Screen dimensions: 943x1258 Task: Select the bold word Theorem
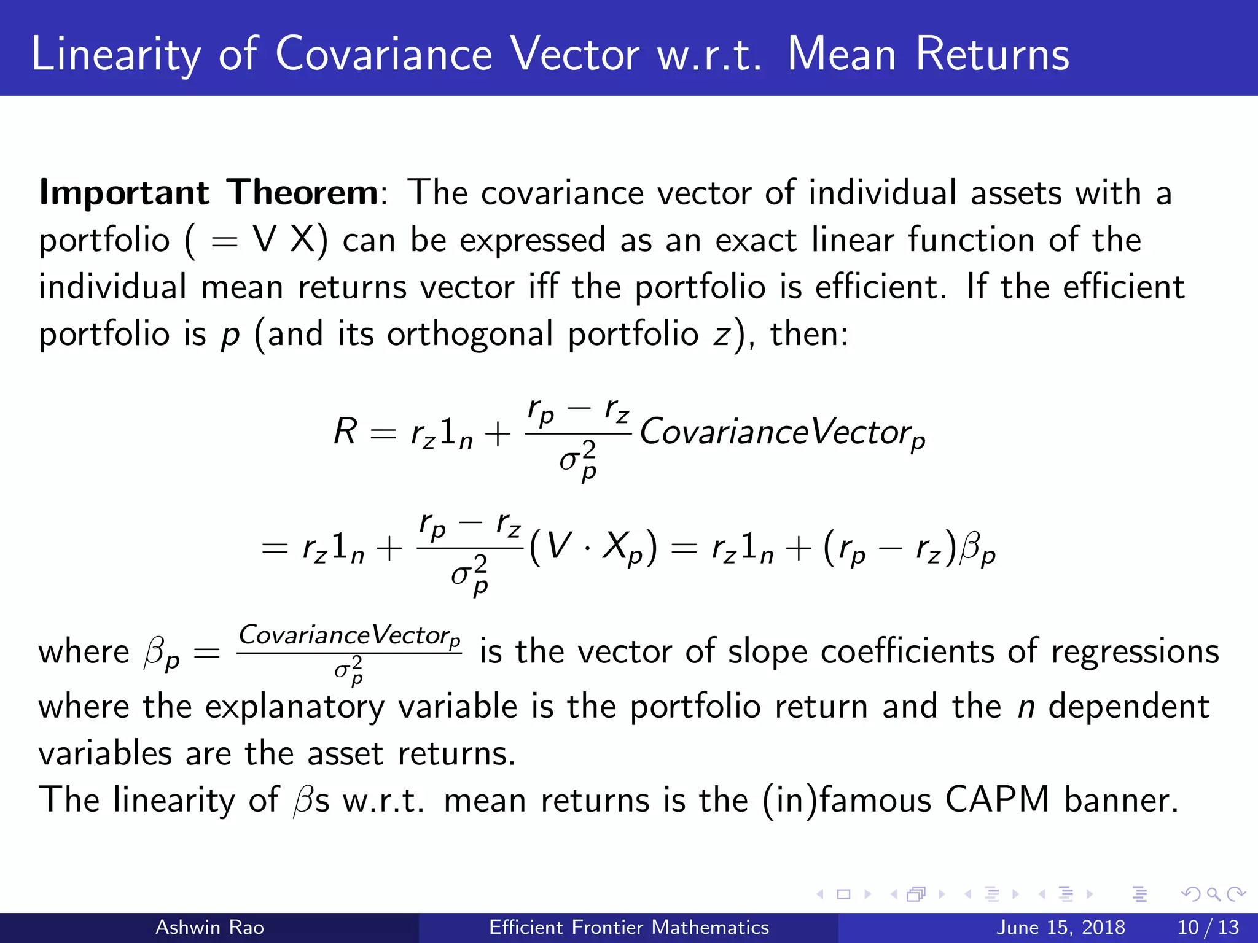pyautogui.click(x=302, y=193)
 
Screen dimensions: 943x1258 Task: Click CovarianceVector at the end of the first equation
pyautogui.click(x=781, y=432)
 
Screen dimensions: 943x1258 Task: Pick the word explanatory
pyautogui.click(x=294, y=707)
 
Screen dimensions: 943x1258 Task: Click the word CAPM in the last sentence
pyautogui.click(x=996, y=800)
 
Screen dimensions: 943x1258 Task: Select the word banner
pyautogui.click(x=1121, y=800)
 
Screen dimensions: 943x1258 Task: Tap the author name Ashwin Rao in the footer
pyautogui.click(x=209, y=927)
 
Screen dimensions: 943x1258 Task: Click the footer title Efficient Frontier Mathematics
pyautogui.click(x=628, y=927)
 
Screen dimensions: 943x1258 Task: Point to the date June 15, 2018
pyautogui.click(x=1060, y=927)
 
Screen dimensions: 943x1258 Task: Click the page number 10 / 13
pyautogui.click(x=1208, y=927)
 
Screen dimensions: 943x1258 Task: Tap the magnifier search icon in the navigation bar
pyautogui.click(x=1213, y=894)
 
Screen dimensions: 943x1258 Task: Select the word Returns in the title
pyautogui.click(x=992, y=55)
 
